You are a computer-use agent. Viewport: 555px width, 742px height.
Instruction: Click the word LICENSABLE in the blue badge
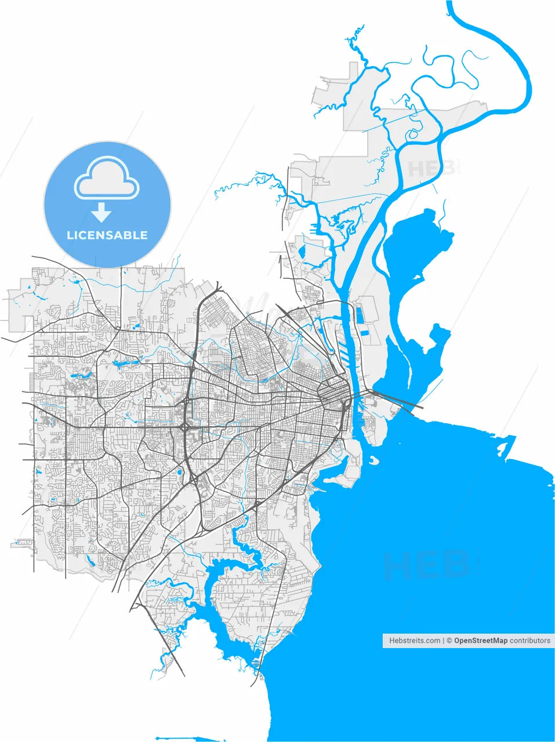click(107, 235)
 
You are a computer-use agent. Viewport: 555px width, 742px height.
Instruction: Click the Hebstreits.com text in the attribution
click(415, 641)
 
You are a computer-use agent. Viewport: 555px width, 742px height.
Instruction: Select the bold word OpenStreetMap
click(481, 641)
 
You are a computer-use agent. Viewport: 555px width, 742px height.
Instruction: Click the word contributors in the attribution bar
click(530, 641)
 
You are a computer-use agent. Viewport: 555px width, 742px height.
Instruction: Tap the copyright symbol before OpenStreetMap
click(449, 641)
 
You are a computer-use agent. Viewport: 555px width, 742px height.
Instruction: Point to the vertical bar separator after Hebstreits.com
click(444, 641)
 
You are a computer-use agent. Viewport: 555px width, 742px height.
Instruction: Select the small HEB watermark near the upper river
click(431, 169)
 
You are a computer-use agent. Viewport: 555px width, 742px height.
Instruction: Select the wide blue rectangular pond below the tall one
click(366, 333)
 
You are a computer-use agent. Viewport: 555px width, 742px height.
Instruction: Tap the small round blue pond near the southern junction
click(179, 472)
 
